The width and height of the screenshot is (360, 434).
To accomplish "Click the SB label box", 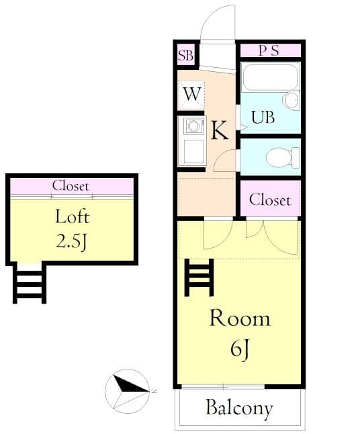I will click(185, 56).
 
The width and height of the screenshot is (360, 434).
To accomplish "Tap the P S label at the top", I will click(269, 51).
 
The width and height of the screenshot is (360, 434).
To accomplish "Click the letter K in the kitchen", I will click(220, 130).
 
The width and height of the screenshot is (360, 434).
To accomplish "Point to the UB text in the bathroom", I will click(263, 117).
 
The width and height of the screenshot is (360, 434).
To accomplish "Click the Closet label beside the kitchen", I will click(270, 200).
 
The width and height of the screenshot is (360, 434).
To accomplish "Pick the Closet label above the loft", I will click(71, 185).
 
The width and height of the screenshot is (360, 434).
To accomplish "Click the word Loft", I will click(72, 217).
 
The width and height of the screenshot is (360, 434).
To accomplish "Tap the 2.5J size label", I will click(72, 242).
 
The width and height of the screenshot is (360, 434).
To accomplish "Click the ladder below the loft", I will click(29, 283).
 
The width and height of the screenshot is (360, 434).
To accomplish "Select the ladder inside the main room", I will click(199, 277).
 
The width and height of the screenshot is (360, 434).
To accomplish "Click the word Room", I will click(240, 318).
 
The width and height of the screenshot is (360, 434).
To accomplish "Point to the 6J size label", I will click(240, 349).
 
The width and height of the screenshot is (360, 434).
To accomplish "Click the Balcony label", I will click(239, 407).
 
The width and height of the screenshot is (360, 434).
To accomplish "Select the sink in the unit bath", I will click(291, 101).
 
